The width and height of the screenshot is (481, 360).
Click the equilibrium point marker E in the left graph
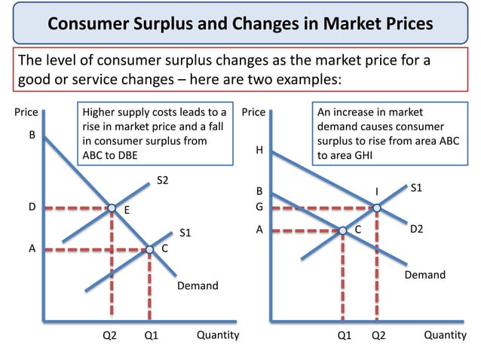click(111, 207)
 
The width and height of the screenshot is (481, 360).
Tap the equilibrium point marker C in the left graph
click(149, 249)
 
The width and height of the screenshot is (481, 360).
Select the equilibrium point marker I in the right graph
click(376, 207)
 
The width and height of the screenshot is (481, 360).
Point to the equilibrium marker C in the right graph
click(342, 230)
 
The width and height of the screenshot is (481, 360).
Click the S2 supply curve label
click(163, 180)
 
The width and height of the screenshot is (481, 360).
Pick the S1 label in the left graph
click(185, 233)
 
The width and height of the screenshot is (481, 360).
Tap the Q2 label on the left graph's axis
click(110, 336)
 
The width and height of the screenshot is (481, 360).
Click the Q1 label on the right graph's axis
click(345, 336)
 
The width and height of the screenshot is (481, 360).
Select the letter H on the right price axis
click(259, 150)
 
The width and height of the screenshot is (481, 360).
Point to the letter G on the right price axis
click(259, 207)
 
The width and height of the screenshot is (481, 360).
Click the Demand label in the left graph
click(198, 286)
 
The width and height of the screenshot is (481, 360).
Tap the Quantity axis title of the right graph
click(445, 335)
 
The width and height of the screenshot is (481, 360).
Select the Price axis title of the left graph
click(27, 112)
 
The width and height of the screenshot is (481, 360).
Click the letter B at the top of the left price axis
click(32, 137)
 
